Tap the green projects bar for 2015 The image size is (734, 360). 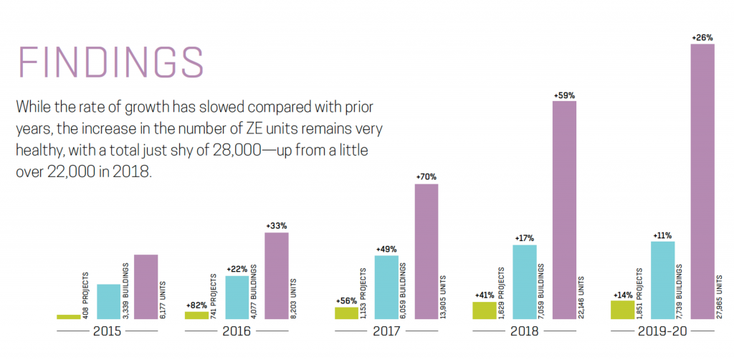69,316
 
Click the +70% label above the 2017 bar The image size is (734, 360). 426,176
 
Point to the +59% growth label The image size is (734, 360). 564,94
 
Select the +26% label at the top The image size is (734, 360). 702,37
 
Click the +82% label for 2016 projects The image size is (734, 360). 196,304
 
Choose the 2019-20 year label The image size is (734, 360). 661,332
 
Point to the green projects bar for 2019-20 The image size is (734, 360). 622,310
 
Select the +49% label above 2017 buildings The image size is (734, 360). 387,249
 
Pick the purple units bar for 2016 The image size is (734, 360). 277,275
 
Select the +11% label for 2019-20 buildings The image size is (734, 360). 663,235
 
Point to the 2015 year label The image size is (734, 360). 106,332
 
